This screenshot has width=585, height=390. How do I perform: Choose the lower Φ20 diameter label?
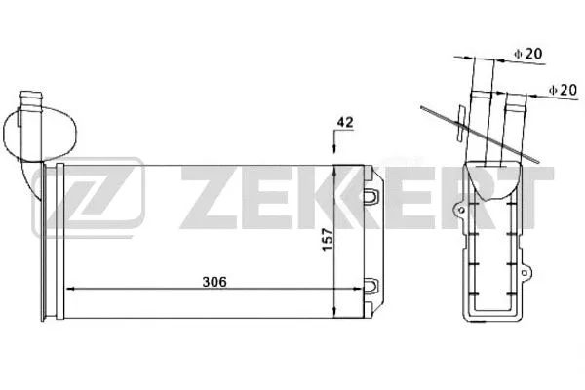click(x=563, y=90)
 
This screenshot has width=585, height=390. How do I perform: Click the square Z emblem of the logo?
click(x=87, y=205)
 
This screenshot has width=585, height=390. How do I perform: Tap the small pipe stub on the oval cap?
click(x=31, y=97)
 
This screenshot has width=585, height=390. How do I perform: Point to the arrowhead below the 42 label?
click(x=336, y=148)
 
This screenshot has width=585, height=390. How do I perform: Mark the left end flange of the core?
click(x=51, y=244)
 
